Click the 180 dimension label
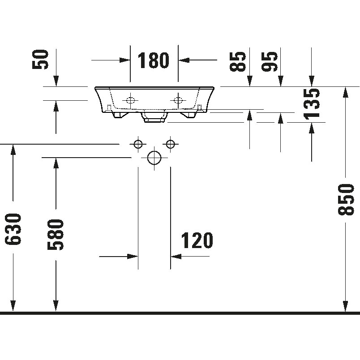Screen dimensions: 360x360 (x=153, y=60)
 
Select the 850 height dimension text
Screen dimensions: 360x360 (x=346, y=199)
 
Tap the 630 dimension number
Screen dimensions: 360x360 (x=13, y=229)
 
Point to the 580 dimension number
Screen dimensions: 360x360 (x=56, y=235)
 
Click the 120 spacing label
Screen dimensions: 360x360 (x=197, y=240)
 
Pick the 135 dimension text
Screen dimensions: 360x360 (x=312, y=104)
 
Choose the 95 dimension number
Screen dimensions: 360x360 (x=270, y=61)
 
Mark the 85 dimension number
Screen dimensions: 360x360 (x=238, y=61)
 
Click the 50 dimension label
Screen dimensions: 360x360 (x=40, y=60)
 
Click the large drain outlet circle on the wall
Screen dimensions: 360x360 (x=154, y=158)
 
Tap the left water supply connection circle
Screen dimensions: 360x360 (x=138, y=144)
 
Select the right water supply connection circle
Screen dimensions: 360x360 (x=170, y=144)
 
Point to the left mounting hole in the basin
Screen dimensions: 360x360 (x=130, y=100)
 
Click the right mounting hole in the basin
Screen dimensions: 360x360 (x=178, y=100)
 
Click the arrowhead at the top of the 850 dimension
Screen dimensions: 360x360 (x=345, y=92)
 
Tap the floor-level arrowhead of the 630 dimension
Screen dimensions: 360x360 (x=13, y=307)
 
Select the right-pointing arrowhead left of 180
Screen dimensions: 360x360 (x=124, y=60)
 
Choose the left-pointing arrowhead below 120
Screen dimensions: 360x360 (x=176, y=256)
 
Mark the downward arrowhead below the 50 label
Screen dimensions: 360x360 (x=56, y=81)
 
